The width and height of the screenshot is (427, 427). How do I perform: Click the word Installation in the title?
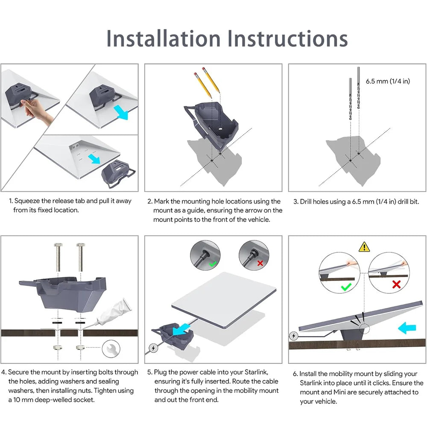tap(164, 38)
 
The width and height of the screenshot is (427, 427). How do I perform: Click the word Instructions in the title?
tap(287, 38)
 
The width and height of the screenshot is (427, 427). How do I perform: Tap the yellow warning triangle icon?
tap(364, 246)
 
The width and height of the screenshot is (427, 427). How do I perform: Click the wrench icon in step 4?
tap(111, 349)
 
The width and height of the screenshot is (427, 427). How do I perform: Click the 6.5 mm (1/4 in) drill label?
tap(388, 81)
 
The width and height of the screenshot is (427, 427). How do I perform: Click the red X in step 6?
tap(396, 284)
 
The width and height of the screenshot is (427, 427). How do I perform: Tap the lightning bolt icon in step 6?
tap(294, 336)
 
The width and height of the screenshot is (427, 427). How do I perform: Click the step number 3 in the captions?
tap(295, 202)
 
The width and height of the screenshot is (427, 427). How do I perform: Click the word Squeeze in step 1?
tap(27, 201)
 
